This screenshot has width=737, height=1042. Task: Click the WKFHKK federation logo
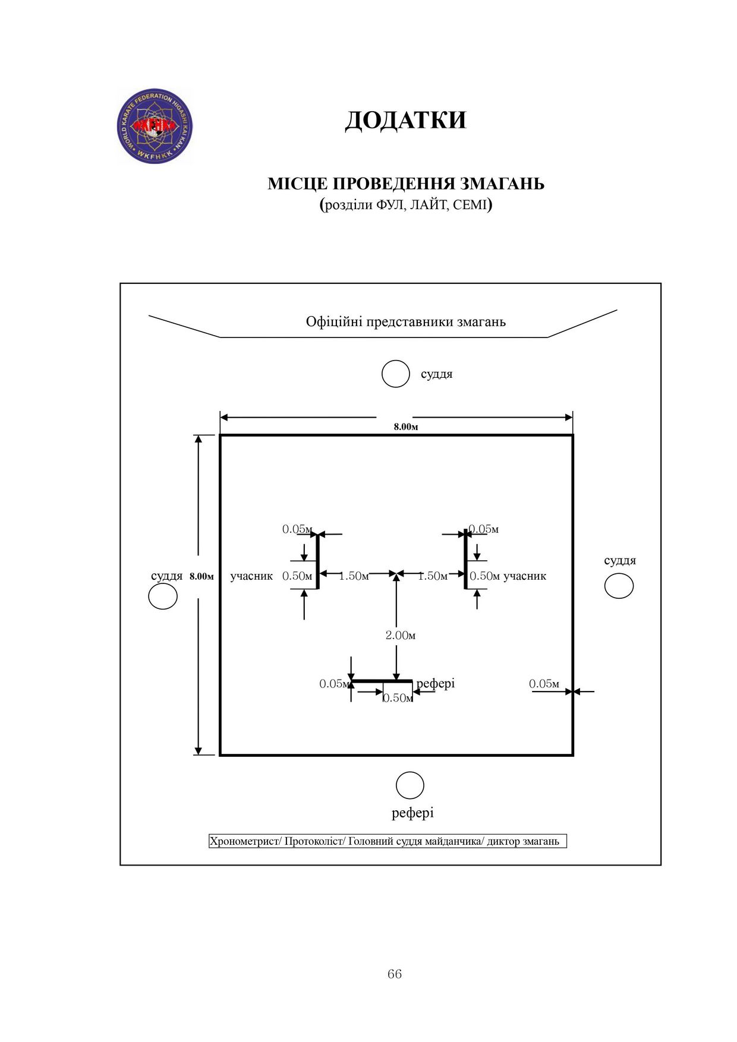point(155,126)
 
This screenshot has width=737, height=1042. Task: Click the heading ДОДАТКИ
point(406,120)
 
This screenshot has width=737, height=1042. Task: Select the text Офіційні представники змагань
point(406,322)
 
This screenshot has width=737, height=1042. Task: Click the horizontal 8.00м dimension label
point(406,427)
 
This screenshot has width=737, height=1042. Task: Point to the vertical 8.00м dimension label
point(201,576)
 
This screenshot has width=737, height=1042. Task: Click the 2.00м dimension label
point(401,636)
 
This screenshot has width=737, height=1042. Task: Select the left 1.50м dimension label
point(354,576)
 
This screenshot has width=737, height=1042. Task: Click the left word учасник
point(251,576)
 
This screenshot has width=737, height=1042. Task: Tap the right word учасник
point(525,576)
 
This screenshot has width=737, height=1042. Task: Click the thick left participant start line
point(317,560)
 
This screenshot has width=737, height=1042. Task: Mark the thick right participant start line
point(466,559)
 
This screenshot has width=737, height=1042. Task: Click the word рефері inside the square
point(436,684)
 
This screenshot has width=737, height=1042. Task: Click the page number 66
point(395,974)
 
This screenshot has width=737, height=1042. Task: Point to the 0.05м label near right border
point(544,684)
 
